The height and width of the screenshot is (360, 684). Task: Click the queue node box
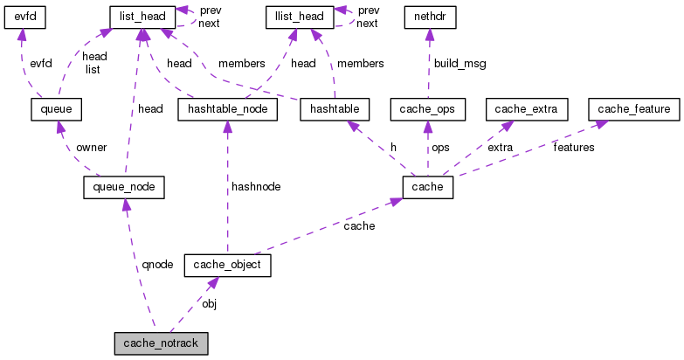[x=55, y=109]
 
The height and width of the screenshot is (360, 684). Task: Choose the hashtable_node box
[x=227, y=109]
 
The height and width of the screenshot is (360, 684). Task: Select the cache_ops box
[x=427, y=109]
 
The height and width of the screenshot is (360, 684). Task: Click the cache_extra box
[x=531, y=109]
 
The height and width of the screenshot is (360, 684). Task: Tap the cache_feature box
[x=634, y=109]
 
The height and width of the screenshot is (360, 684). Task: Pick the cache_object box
[x=227, y=265]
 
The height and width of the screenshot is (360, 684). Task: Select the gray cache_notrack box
[x=162, y=343]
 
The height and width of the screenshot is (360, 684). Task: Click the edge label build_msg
[x=459, y=64]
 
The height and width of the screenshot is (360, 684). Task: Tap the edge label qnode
[x=157, y=263]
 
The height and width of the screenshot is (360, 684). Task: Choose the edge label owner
[x=91, y=147]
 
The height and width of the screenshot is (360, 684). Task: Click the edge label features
[x=573, y=147]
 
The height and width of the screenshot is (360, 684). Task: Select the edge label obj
[x=209, y=303]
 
